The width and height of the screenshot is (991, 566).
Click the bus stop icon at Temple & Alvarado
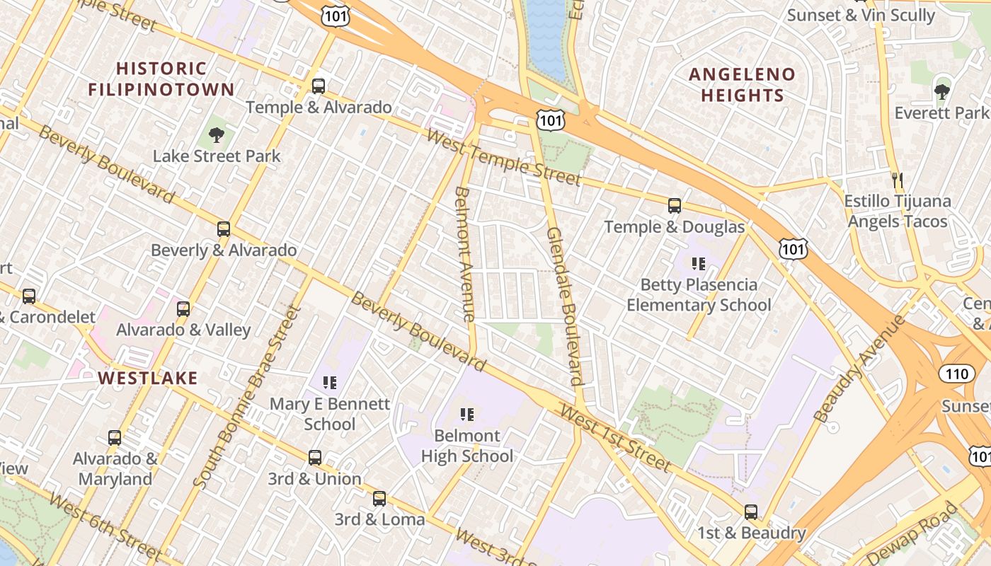pos(319,86)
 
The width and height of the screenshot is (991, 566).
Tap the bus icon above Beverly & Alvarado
pos(224,229)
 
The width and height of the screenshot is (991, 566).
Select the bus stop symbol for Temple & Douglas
pos(675,206)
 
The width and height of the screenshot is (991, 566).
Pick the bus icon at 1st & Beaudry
pos(751,512)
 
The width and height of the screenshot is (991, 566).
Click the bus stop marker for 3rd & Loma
pos(379,499)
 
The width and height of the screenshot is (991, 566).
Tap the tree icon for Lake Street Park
pos(217,134)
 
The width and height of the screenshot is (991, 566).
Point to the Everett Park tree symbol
pos(941,91)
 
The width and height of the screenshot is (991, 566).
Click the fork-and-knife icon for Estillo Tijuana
pos(898,180)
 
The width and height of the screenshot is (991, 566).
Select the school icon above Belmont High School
pos(466,415)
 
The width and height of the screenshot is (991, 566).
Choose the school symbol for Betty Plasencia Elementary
pos(699,264)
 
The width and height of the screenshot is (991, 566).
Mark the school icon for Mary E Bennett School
pos(329,383)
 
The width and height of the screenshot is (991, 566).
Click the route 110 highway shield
pos(957,374)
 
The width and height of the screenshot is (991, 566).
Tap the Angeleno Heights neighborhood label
pos(742,85)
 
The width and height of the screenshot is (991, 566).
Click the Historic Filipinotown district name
pos(161,79)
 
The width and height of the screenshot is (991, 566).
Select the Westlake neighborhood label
pos(148,378)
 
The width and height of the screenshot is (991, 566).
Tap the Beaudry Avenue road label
pos(859,369)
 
